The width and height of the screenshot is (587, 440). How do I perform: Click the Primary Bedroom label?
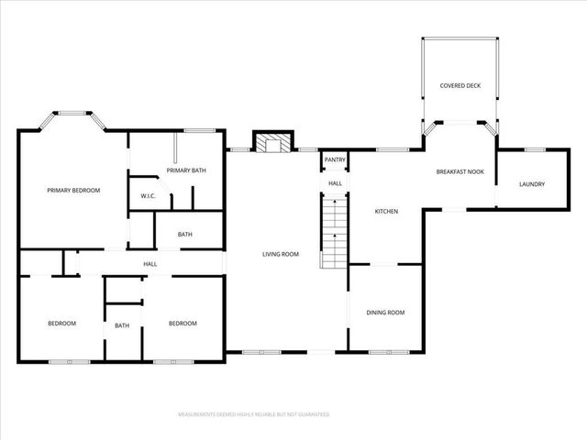click(x=73, y=190)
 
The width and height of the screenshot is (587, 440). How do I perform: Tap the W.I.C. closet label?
click(x=148, y=195)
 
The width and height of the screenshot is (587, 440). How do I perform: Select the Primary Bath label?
click(x=183, y=170)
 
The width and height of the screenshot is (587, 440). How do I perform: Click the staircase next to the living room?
click(x=335, y=234)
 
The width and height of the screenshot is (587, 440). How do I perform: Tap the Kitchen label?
click(x=386, y=212)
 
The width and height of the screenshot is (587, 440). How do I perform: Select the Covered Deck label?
click(x=459, y=87)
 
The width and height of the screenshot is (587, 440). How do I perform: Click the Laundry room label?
click(x=532, y=184)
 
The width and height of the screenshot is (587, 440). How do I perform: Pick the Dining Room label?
click(x=385, y=313)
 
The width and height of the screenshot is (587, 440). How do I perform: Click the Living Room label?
click(x=281, y=254)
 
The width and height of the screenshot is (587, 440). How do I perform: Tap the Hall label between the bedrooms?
click(x=150, y=264)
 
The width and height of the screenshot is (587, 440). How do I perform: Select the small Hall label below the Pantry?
click(x=336, y=183)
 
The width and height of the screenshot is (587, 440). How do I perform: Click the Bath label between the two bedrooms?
click(x=122, y=325)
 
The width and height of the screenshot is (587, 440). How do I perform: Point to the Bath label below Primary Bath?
click(x=185, y=235)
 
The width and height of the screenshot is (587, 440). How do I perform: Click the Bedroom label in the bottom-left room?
click(x=61, y=323)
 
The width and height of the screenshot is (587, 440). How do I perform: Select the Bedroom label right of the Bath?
click(x=183, y=323)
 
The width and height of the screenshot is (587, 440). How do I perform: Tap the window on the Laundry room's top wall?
click(x=535, y=148)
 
